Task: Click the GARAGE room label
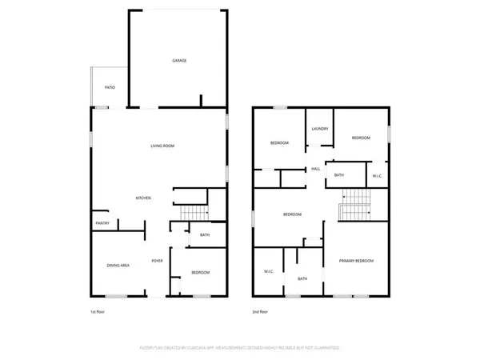point(179,61)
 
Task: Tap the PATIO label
point(110,86)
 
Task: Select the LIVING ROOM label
point(162,146)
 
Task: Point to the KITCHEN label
point(143,198)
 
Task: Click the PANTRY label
point(102,223)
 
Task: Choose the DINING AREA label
point(119,265)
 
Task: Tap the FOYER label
point(158,262)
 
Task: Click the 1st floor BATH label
point(205,235)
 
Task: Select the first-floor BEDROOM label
point(200,273)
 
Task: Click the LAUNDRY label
point(321,128)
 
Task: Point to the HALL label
point(315,169)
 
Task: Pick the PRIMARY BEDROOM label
point(356,262)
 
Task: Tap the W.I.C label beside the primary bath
point(269,272)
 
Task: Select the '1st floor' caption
point(98,312)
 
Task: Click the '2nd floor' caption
point(261,312)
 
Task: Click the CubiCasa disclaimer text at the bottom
point(239,348)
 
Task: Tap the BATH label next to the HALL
point(339,175)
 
